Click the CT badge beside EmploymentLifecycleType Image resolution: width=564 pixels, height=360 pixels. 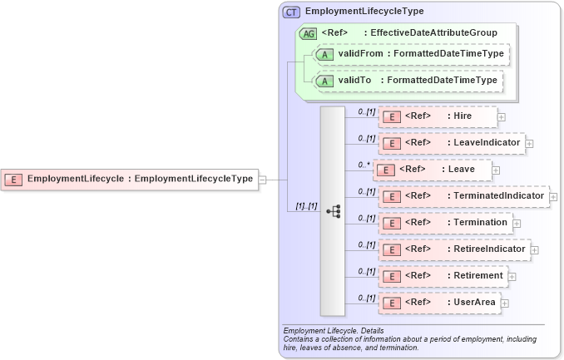[x=291, y=12]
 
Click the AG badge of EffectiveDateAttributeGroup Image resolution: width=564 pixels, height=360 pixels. [x=308, y=33]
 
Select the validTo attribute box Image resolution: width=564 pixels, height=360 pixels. [x=408, y=81]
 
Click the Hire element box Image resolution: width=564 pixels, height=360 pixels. [x=438, y=116]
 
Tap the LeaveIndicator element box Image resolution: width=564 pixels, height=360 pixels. [x=451, y=143]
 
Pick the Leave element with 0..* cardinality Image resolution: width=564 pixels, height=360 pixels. [x=432, y=170]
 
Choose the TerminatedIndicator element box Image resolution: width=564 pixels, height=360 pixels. [x=463, y=196]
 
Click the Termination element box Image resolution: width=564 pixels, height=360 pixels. [x=444, y=223]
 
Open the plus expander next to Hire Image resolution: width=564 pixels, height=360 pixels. [x=502, y=117]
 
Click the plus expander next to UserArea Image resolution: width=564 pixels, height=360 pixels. [x=505, y=303]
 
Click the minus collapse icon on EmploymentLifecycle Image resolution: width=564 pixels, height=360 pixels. [x=262, y=179]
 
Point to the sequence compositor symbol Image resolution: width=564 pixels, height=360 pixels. [x=333, y=211]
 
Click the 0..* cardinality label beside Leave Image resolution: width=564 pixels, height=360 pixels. [x=364, y=165]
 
